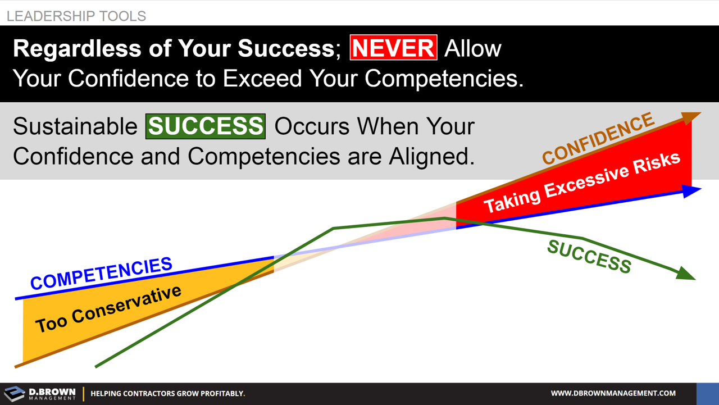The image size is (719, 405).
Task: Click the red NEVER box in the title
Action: (393, 48)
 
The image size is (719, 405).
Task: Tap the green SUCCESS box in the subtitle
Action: (206, 126)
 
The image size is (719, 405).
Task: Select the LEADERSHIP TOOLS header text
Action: (76, 16)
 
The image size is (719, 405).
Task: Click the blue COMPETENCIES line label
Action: (101, 274)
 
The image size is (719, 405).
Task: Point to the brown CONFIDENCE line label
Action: (598, 138)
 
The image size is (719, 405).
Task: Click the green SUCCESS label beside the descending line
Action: (589, 257)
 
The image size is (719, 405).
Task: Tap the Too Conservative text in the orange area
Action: (108, 309)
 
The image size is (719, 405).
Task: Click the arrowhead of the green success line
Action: (686, 274)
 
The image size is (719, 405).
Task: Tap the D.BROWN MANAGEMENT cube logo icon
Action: (14, 394)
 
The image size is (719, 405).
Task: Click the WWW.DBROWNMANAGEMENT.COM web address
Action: (613, 393)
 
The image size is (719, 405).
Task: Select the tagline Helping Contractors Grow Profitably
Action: (167, 394)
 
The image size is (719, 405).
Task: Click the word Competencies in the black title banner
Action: (443, 79)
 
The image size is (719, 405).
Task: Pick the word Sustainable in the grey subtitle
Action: (75, 126)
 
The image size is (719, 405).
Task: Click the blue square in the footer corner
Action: (707, 394)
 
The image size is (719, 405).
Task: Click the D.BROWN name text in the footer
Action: (52, 391)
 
